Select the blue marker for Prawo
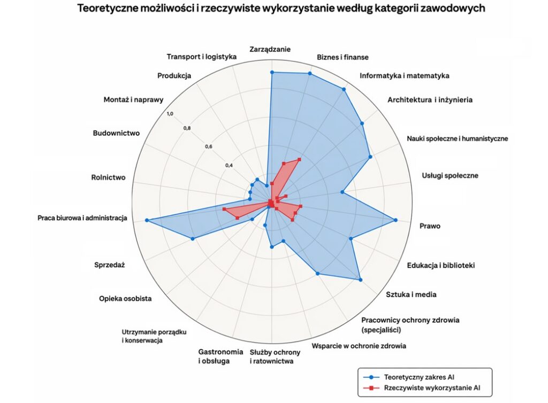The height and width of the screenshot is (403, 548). (x=395, y=220)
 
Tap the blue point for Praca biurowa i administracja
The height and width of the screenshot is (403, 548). (x=147, y=221)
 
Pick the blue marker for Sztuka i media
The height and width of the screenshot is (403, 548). (x=361, y=280)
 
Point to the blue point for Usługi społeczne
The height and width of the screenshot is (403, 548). (x=342, y=192)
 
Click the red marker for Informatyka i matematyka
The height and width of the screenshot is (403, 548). (x=299, y=159)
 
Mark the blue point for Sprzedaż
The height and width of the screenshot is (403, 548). (x=192, y=239)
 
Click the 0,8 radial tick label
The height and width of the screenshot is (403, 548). (x=187, y=128)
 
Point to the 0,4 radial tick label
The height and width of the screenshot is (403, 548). (x=229, y=165)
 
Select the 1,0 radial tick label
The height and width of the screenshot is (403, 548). (x=170, y=114)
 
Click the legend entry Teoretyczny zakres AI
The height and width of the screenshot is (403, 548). (x=419, y=377)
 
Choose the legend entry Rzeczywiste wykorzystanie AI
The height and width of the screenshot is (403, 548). (x=432, y=387)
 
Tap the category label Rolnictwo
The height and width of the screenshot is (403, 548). (x=108, y=177)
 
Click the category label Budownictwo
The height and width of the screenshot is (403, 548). (x=116, y=133)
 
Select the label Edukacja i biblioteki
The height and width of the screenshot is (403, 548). (x=441, y=266)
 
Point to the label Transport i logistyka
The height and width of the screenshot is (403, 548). (x=202, y=57)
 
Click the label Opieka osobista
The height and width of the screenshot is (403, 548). (x=125, y=299)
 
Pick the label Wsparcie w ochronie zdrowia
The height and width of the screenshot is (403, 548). (x=359, y=346)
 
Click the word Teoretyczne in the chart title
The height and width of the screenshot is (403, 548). (x=106, y=8)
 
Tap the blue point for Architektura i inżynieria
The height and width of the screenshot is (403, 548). (x=362, y=123)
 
